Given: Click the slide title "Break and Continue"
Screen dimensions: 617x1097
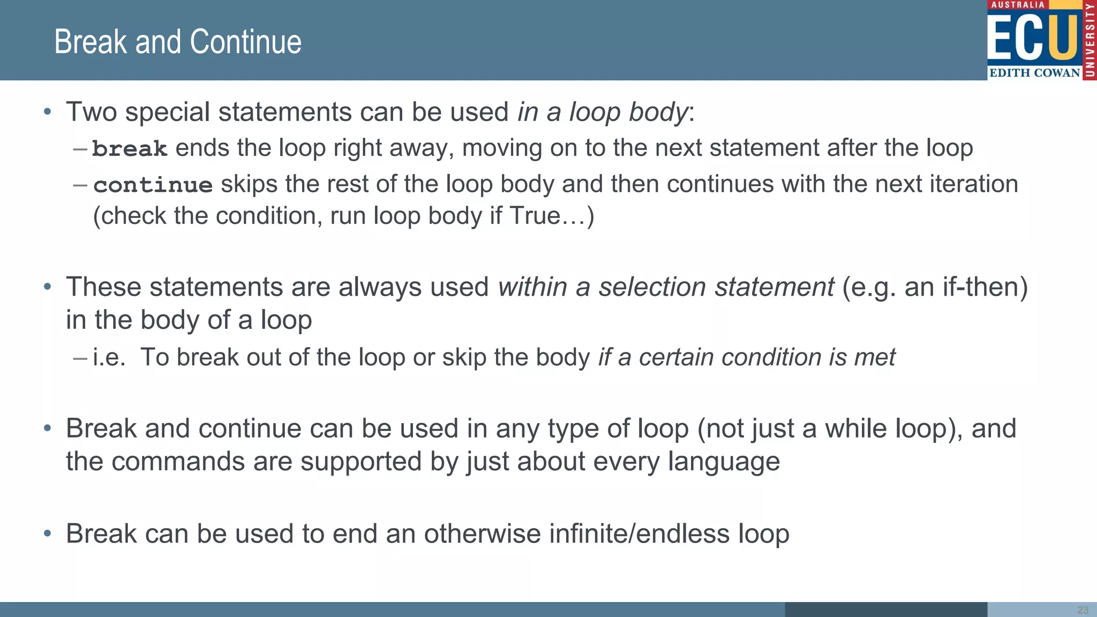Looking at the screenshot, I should click(178, 42).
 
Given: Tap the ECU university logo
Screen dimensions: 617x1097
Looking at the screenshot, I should click(1041, 40).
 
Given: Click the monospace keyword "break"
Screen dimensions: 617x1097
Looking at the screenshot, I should click(130, 148).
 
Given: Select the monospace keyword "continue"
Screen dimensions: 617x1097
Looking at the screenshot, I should click(153, 185).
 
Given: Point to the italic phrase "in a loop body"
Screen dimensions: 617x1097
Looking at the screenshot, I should click(602, 112).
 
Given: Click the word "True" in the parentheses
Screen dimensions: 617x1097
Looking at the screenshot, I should click(535, 216).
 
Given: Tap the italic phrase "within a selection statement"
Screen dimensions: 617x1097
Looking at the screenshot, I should click(666, 287).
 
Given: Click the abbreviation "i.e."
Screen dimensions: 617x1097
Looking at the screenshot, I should click(109, 357).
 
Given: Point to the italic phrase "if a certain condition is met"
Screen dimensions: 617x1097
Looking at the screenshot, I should click(747, 357).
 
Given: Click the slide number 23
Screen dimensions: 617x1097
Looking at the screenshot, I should click(1083, 610).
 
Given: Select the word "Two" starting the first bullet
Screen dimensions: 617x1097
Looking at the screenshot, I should click(91, 112).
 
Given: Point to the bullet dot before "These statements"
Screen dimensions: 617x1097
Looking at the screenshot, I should click(48, 287).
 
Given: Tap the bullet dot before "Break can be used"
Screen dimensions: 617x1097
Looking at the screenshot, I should click(48, 533).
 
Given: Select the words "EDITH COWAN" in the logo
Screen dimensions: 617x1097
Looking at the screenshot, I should click(1034, 73).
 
